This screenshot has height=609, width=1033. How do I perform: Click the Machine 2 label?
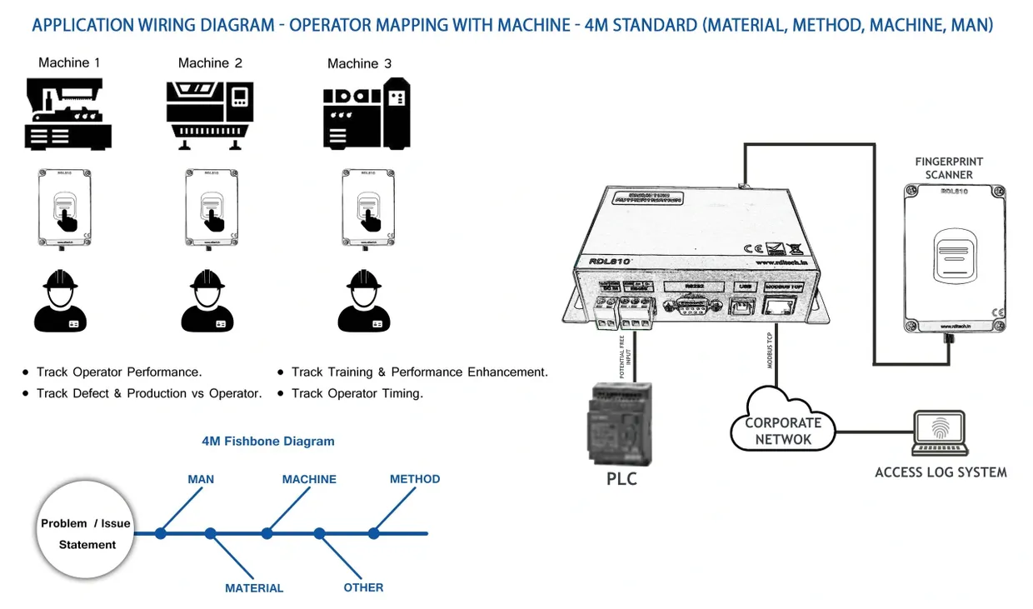(210, 63)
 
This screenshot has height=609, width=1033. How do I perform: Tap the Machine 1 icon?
(67, 114)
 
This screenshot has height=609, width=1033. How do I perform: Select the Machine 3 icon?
(367, 114)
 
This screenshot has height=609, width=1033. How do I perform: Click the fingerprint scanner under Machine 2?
(211, 207)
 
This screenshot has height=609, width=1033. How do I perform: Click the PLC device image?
(621, 423)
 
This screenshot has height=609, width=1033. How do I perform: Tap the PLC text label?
(621, 480)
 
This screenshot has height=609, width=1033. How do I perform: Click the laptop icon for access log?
(939, 432)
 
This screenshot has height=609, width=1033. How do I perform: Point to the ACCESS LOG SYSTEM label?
(941, 472)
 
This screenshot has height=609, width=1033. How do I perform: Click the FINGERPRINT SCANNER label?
(949, 168)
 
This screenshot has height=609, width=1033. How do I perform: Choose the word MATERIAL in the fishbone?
(254, 588)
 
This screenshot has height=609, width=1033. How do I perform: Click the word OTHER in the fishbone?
(363, 587)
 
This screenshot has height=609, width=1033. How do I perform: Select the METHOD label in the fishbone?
(415, 479)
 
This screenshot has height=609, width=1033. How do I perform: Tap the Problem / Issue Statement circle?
(87, 534)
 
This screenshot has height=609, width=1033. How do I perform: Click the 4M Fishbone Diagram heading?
(268, 442)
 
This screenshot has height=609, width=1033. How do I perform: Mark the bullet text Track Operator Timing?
(357, 393)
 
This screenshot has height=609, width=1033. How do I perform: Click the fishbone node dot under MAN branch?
(161, 533)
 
